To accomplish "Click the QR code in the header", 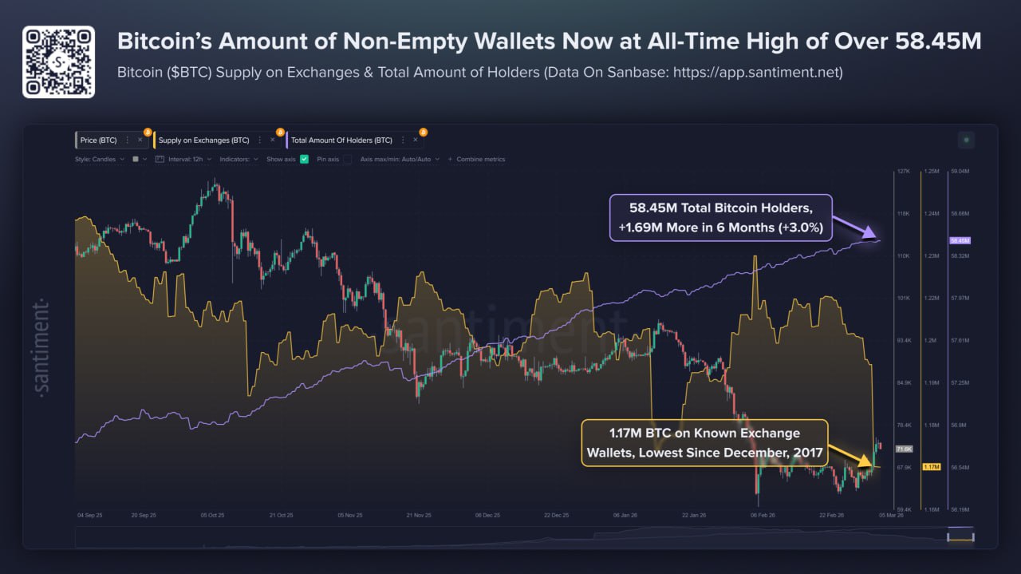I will click(58, 61).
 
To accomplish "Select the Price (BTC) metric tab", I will click(99, 141).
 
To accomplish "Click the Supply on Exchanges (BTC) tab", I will click(203, 141).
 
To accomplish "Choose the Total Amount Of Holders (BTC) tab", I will click(341, 141).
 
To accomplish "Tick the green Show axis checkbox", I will click(304, 159).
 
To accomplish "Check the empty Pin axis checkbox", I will click(347, 159).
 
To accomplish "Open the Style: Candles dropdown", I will click(100, 159).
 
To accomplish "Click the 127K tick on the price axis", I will click(903, 172).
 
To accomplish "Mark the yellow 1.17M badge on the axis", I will click(930, 467).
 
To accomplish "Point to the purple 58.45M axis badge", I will click(959, 240).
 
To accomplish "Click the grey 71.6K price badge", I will click(904, 449).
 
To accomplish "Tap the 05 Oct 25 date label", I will click(211, 516).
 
